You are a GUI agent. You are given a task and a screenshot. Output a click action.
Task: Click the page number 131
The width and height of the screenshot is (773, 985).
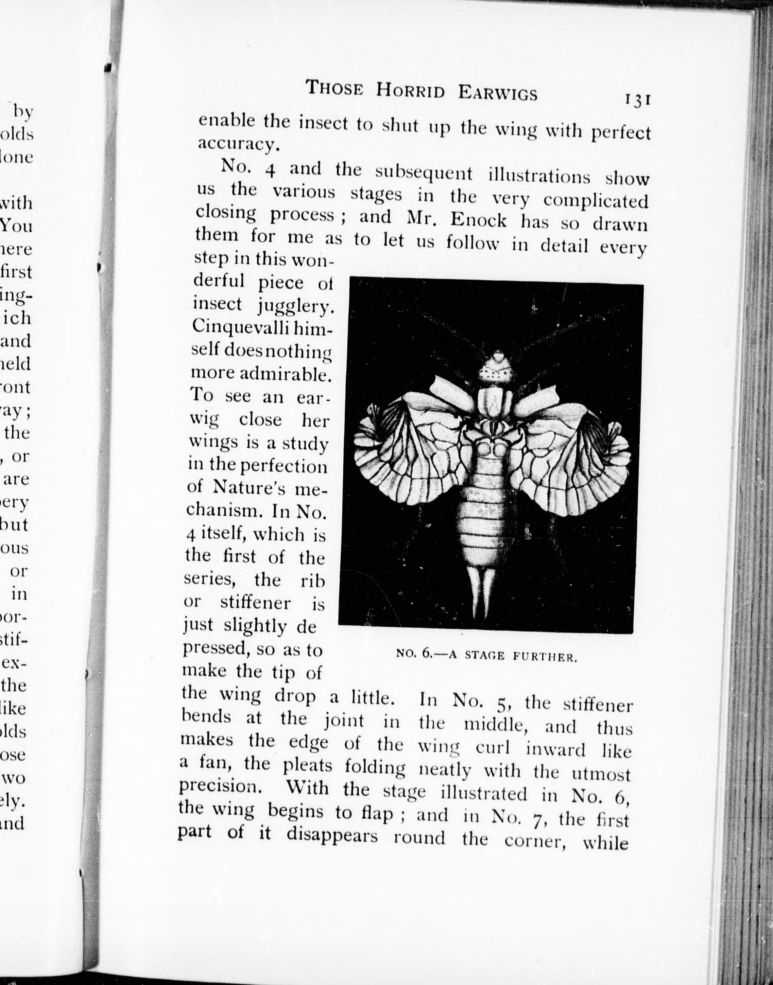(637, 99)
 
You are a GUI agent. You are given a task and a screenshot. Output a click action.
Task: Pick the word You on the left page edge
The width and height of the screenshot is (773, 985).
(17, 225)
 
